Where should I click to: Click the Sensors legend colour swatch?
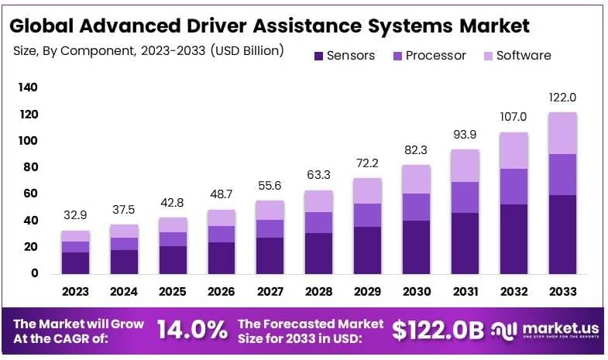point(318,56)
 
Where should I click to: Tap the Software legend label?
point(524,56)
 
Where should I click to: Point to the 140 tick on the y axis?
point(28,88)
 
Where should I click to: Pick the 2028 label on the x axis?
point(318,292)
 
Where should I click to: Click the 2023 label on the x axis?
point(75,292)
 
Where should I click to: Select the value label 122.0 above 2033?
point(562,98)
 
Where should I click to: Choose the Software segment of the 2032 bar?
point(513,150)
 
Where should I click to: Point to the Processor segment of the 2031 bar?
point(464,197)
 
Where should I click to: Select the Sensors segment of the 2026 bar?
point(222,257)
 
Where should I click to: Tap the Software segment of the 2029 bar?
point(367,191)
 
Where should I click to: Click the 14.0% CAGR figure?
point(193,330)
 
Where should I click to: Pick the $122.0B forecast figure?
point(438,331)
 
